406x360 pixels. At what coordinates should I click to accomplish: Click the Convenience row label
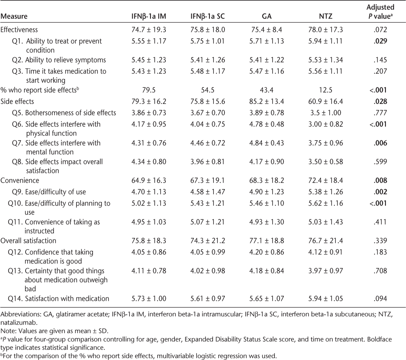coord(19,180)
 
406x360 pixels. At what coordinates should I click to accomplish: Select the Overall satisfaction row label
coord(28,240)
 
